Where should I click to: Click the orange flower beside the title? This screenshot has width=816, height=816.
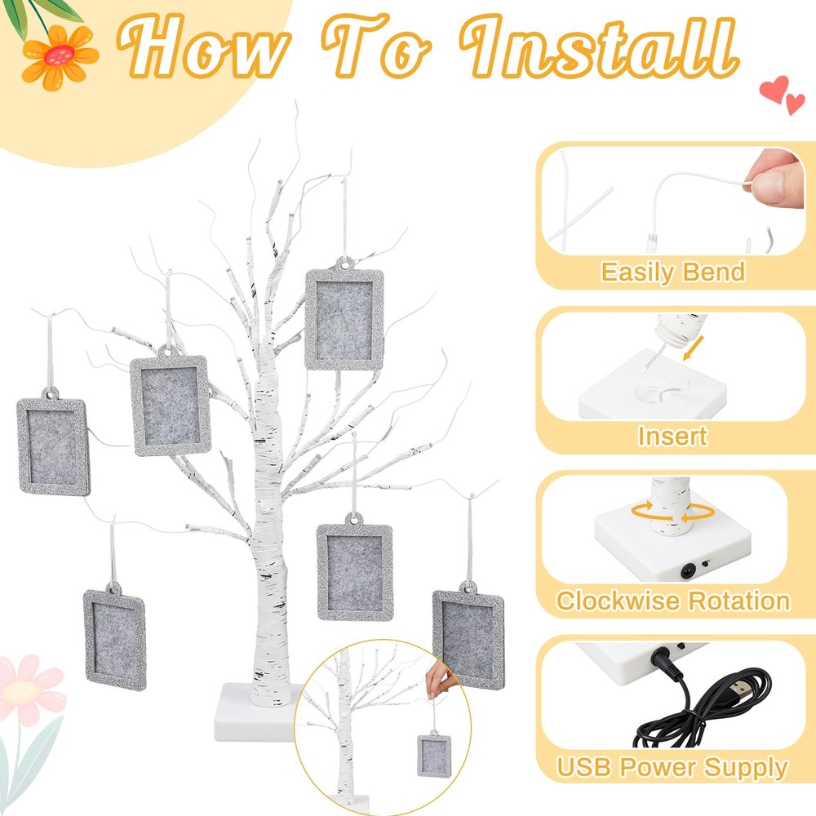point(60,56)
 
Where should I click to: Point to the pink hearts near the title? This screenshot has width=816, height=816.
point(782,94)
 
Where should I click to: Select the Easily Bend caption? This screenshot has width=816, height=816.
point(672,272)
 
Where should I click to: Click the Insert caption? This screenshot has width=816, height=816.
point(672,436)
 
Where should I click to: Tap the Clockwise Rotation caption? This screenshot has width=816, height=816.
point(673,601)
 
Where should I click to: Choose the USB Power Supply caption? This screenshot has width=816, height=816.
point(672,766)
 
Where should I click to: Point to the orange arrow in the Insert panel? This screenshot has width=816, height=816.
point(694,348)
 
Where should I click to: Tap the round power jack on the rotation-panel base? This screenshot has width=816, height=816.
point(689,572)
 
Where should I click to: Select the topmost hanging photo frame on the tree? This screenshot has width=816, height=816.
point(344,318)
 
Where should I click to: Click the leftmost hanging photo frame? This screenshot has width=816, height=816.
point(52,442)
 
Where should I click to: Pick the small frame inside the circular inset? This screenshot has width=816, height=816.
point(433,753)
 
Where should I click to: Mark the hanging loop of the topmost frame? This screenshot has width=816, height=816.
point(344,264)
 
